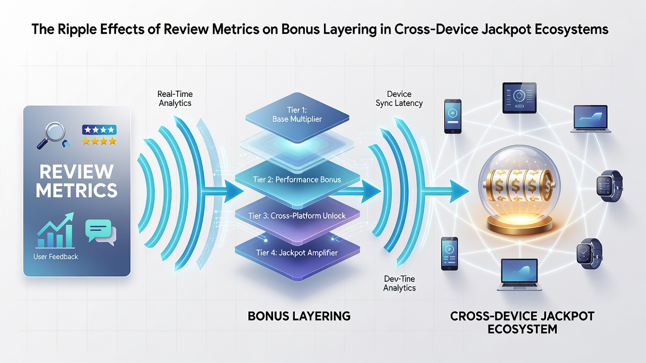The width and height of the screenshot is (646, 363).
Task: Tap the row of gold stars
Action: tap(99, 141)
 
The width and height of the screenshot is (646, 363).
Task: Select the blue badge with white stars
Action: tap(99, 130)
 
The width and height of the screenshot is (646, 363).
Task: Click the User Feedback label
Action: tap(56, 257)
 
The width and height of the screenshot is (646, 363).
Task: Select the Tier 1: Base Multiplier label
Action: tap(297, 114)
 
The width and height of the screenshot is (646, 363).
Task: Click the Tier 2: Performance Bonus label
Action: tap(297, 179)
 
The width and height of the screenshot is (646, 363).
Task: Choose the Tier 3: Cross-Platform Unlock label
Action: tap(297, 216)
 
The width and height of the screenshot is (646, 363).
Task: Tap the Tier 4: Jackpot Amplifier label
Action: tap(297, 253)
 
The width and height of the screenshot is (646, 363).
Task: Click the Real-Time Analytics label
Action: tap(175, 98)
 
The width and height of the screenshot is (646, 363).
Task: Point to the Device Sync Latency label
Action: tap(399, 98)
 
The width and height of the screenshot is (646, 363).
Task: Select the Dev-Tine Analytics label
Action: tap(399, 283)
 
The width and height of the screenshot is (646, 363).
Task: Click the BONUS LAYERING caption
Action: tap(299, 316)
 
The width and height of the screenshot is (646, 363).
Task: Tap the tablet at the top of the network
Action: tap(519, 98)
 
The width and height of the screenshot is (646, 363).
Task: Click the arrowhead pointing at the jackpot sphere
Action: tap(459, 191)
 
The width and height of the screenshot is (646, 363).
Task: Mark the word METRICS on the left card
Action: tap(76, 190)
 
